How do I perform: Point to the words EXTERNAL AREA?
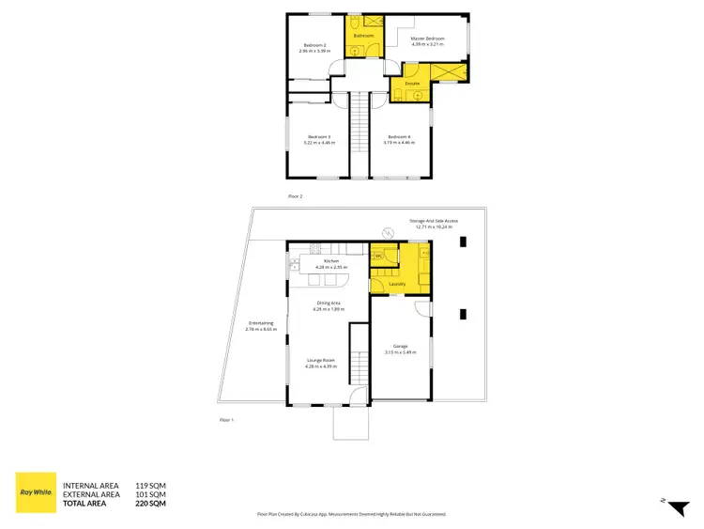(90, 494)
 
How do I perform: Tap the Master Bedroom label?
(426, 39)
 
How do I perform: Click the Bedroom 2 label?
(313, 45)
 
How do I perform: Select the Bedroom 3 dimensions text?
(319, 143)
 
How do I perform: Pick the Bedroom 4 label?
(400, 137)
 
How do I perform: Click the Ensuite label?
(412, 84)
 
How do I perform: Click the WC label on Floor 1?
(377, 255)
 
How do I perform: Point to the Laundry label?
(396, 281)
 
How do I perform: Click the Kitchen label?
(331, 262)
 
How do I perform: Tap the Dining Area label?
(328, 303)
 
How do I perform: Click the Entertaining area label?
(261, 324)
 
